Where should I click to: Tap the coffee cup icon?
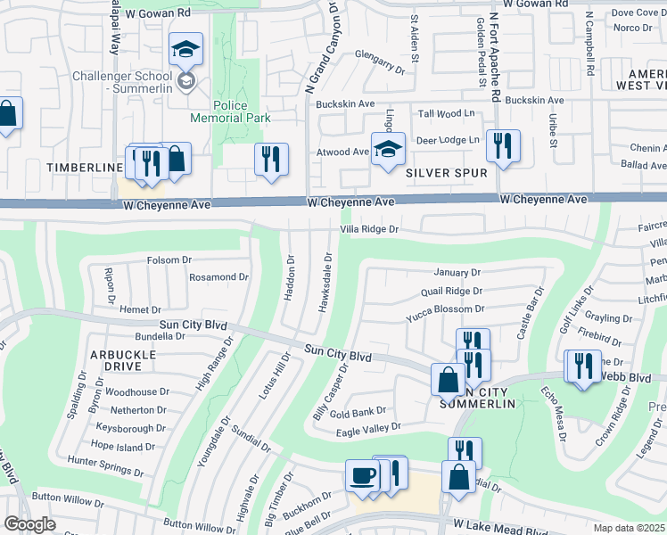tap(362, 476)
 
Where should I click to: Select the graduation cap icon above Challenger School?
tap(186, 50)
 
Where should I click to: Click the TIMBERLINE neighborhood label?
tap(85, 168)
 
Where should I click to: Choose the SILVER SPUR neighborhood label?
tap(446, 172)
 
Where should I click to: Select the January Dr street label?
tap(457, 272)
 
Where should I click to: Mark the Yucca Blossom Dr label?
tap(445, 309)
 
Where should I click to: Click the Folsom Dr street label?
tap(169, 259)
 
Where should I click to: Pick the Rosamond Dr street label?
tap(218, 277)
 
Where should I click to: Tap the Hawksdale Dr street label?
tap(328, 283)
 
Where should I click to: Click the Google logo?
tap(29, 524)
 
